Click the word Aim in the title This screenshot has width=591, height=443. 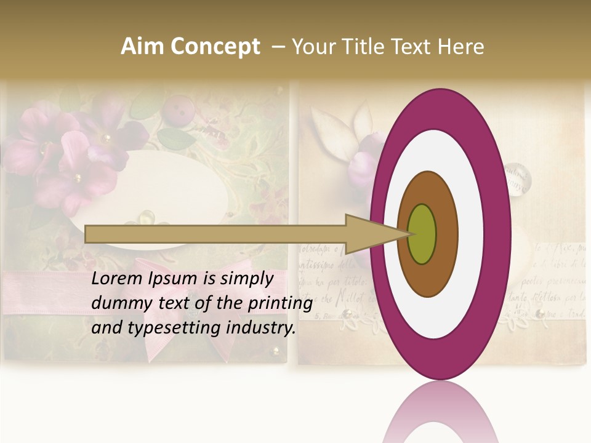pos(141,47)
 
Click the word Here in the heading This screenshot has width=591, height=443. pos(461,47)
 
